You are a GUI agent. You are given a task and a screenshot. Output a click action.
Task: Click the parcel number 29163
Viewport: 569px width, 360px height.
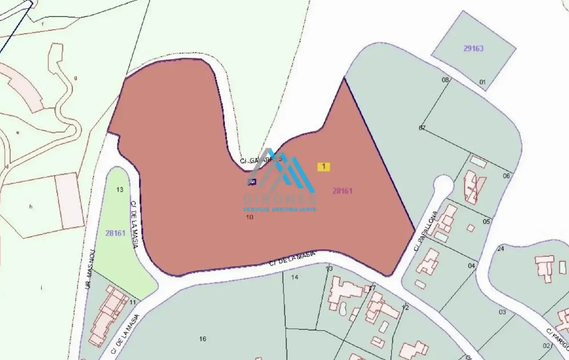pyautogui.click(x=473, y=49)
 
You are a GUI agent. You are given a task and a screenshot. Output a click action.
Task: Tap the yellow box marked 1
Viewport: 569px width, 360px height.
pyautogui.click(x=324, y=167)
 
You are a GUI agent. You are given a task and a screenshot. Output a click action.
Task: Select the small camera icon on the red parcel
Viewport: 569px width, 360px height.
pyautogui.click(x=252, y=182)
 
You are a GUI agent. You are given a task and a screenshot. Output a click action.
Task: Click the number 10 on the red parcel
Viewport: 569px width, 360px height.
pyautogui.click(x=250, y=217)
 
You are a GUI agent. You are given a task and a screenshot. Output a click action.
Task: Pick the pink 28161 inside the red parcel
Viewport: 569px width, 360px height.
pyautogui.click(x=343, y=191)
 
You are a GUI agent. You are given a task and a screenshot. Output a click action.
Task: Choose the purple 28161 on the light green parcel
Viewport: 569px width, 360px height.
pyautogui.click(x=115, y=233)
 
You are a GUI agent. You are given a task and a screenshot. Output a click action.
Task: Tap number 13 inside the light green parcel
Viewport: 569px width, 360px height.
pyautogui.click(x=120, y=190)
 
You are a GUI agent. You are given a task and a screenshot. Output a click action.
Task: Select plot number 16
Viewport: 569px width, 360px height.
pyautogui.click(x=203, y=339)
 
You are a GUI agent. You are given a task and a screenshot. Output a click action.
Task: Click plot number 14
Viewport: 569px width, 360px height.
pyautogui.click(x=295, y=277)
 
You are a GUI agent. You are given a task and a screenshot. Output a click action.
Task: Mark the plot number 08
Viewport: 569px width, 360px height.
pyautogui.click(x=445, y=80)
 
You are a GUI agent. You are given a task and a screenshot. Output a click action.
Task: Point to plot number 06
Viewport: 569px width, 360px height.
pyautogui.click(x=506, y=176)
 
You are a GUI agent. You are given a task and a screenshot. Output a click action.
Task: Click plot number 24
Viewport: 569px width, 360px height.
pyautogui.click(x=501, y=249)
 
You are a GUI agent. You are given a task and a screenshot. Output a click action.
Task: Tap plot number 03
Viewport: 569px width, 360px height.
pyautogui.click(x=502, y=312)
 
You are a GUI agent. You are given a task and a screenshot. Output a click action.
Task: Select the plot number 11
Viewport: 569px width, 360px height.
pyautogui.click(x=133, y=303)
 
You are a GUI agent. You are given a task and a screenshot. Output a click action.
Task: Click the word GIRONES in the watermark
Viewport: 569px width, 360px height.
pyautogui.click(x=280, y=199)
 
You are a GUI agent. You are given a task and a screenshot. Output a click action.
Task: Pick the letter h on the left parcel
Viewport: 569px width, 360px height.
pyautogui.click(x=31, y=207)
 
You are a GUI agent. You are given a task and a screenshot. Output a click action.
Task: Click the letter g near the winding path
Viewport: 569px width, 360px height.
pyautogui.click(x=75, y=78)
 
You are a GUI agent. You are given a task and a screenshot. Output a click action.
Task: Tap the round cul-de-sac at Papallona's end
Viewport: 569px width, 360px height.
pyautogui.click(x=443, y=185)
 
